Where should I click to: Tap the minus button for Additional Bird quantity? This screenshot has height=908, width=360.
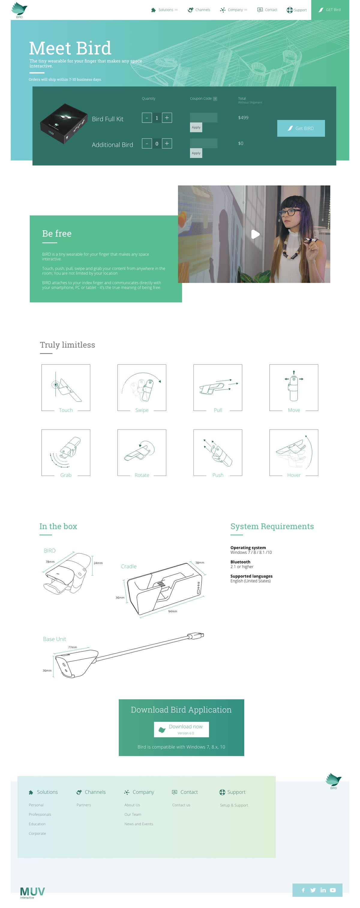tap(147, 143)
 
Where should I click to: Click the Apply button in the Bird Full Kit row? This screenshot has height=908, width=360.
tap(196, 127)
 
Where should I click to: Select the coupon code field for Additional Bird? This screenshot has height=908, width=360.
tap(203, 143)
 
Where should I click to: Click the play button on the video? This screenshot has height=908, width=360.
tap(255, 234)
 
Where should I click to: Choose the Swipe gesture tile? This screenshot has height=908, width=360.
tap(141, 387)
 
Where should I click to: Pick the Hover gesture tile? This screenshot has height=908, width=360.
tap(293, 452)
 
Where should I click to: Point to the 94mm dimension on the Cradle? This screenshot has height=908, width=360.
tap(172, 611)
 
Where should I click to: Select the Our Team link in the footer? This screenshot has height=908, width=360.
tap(133, 814)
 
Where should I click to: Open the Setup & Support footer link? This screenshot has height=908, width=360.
tap(234, 805)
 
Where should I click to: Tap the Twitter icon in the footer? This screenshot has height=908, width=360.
tap(313, 890)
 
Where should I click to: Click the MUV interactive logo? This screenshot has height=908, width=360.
tap(32, 892)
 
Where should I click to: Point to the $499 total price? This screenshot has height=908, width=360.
tap(243, 118)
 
